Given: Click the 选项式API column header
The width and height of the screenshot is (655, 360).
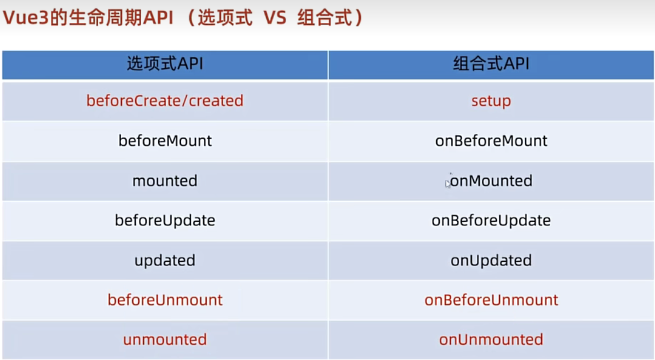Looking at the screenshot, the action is click(x=165, y=64).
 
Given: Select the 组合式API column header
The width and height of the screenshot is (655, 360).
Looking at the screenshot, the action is click(x=491, y=64).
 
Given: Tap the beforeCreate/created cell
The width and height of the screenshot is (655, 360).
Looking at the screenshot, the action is click(x=165, y=101).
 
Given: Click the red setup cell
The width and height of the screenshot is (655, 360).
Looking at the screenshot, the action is click(x=491, y=101).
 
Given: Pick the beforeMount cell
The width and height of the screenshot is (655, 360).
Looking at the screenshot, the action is click(x=165, y=141).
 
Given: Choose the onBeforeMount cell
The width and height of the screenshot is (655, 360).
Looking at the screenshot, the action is click(x=491, y=141).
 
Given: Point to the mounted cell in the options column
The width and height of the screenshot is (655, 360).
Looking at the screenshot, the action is click(x=165, y=181).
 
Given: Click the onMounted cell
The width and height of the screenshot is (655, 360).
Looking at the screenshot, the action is click(x=491, y=181).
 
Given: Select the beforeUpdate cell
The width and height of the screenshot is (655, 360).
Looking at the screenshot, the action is click(x=165, y=221).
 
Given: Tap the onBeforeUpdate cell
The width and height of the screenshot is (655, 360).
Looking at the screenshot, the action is click(x=491, y=221).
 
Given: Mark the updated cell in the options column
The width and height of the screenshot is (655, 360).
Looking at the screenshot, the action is click(x=165, y=261).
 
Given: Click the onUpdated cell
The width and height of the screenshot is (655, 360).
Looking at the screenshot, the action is click(x=491, y=261).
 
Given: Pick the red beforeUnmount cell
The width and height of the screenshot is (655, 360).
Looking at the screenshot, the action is click(x=165, y=300).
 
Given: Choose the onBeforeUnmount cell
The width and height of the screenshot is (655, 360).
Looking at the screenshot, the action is click(x=491, y=300).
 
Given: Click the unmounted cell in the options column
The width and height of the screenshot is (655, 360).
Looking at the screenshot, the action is click(x=165, y=339).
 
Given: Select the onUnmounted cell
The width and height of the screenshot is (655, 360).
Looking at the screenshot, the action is click(x=491, y=339).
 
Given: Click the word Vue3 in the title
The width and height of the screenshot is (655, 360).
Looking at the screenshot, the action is click(x=26, y=18).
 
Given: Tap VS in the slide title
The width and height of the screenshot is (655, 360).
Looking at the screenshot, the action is click(x=275, y=18).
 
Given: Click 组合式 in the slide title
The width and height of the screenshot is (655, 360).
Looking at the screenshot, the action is click(x=324, y=18).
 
